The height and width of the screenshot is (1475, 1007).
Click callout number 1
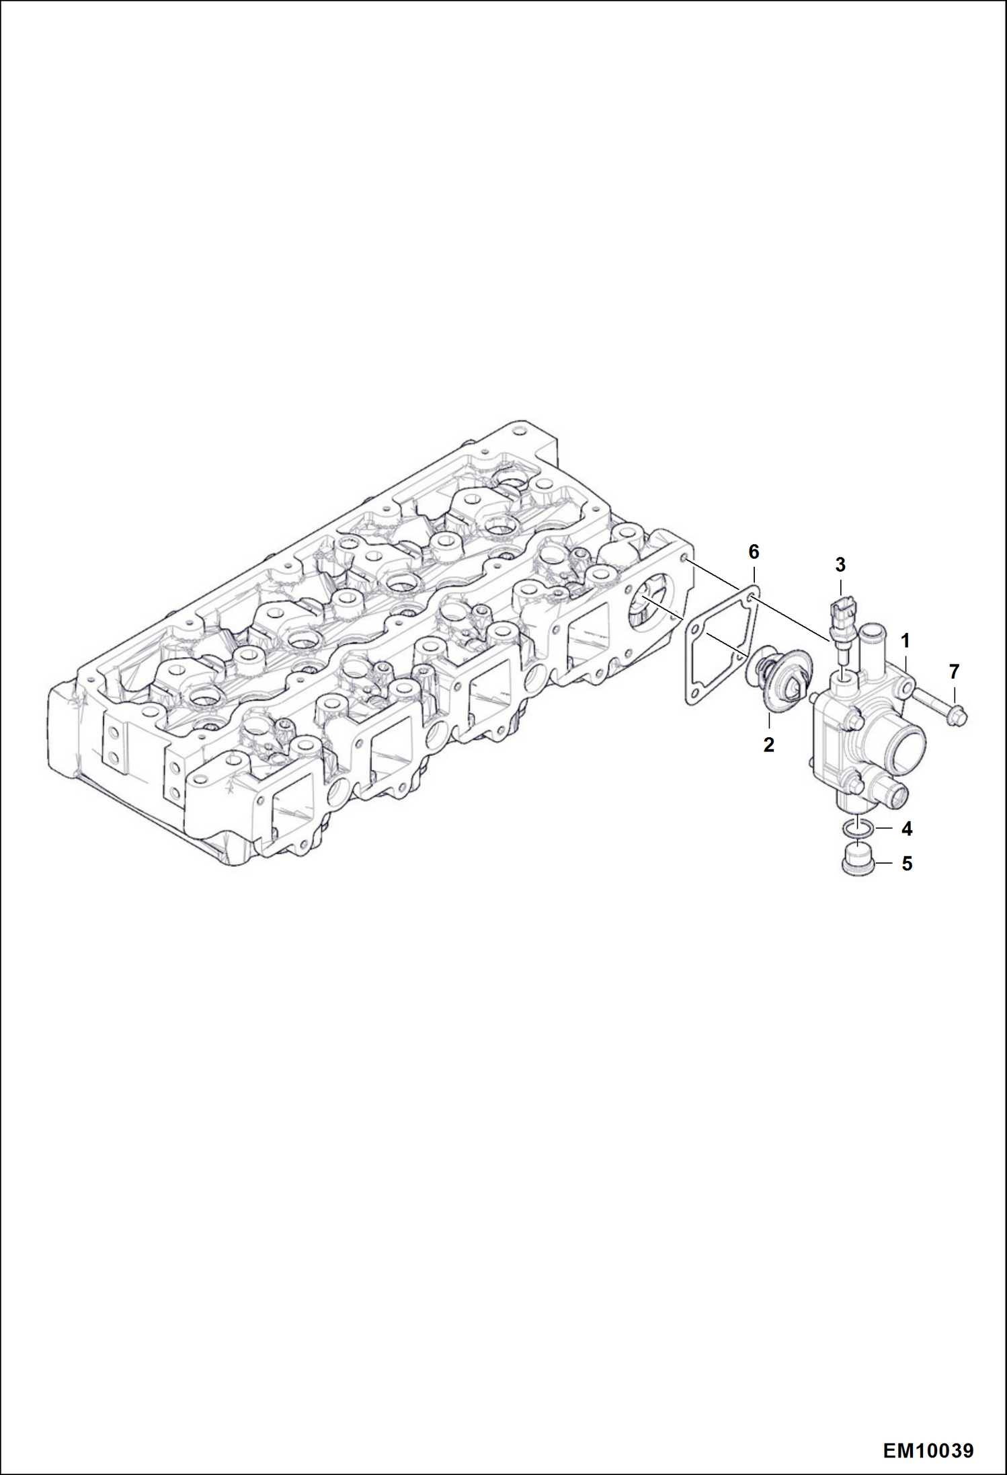905,640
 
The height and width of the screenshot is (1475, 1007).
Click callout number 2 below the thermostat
768,745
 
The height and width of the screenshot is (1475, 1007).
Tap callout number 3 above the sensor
840,565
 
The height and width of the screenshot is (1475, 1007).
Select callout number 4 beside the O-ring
906,829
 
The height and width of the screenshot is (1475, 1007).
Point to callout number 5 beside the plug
906,864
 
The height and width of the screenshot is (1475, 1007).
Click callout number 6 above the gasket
754,552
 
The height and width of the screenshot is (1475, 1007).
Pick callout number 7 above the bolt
954,671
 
